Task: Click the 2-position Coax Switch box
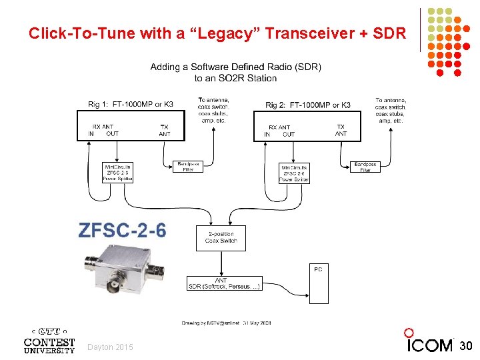[x=221, y=238]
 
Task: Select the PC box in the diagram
[x=318, y=283]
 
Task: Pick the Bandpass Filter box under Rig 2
[x=365, y=166]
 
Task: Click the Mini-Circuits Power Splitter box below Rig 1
[x=117, y=172]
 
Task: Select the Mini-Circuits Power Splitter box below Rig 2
[x=294, y=173]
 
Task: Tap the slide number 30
[x=467, y=345]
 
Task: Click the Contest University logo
[x=49, y=340]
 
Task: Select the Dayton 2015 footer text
[x=110, y=347]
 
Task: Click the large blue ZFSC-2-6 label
[x=123, y=231]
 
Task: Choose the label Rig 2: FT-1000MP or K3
[x=308, y=105]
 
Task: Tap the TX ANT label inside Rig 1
[x=165, y=130]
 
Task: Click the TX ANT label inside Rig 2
[x=341, y=130]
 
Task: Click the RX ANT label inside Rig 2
[x=279, y=127]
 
